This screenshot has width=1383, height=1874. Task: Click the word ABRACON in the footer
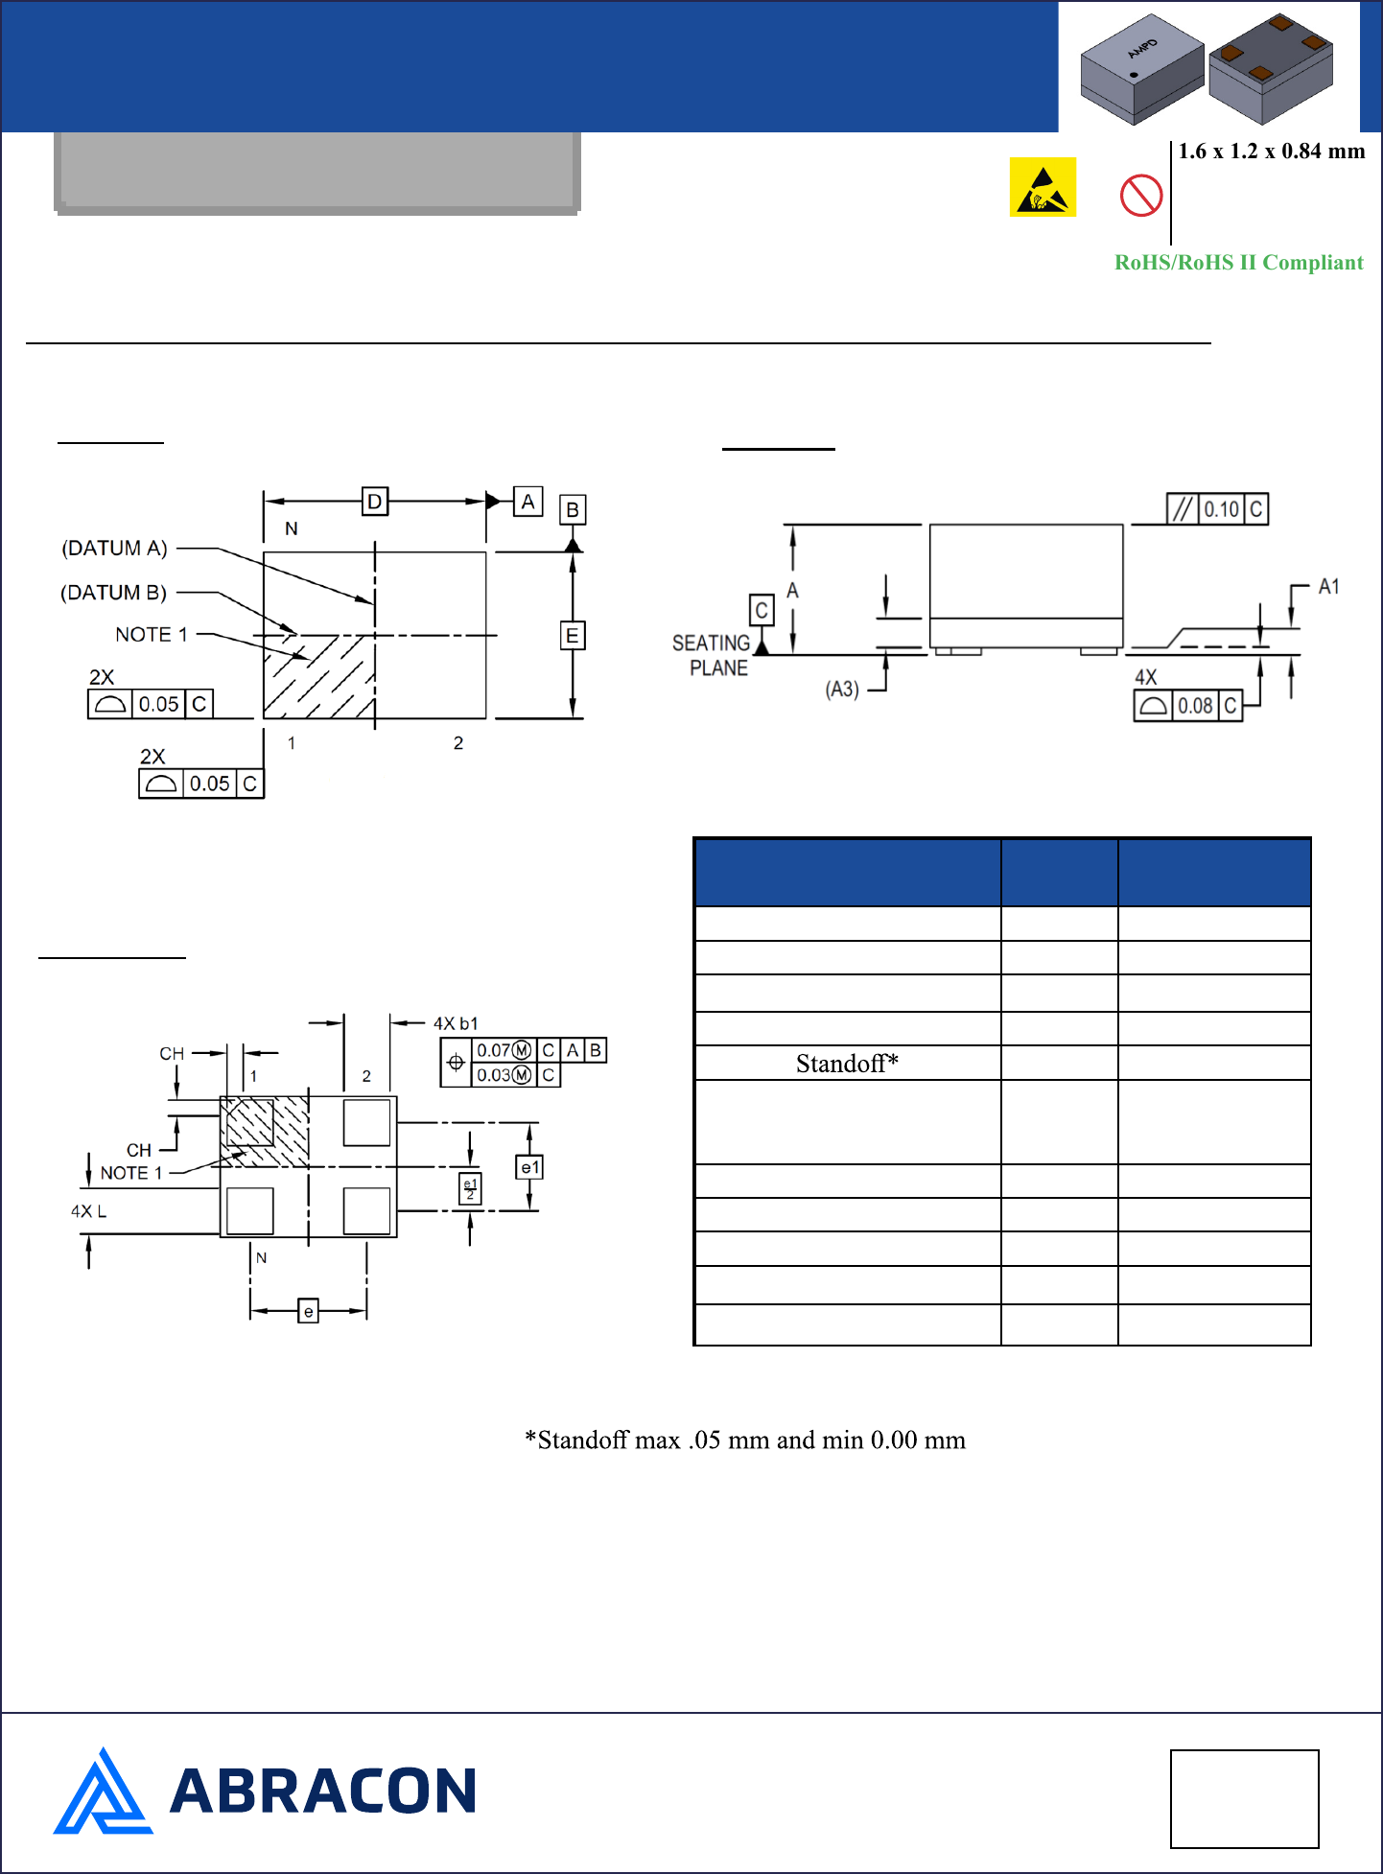322,1792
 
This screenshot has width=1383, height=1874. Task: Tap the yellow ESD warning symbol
1043,187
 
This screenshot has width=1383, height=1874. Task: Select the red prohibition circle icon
1141,196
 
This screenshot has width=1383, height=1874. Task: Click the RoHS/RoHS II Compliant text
1238,263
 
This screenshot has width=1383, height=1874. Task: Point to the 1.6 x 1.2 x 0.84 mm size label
1271,152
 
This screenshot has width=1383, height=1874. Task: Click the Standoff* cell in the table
847,1064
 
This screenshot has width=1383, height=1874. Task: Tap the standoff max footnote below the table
745,1441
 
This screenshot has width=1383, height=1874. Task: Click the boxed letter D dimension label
375,501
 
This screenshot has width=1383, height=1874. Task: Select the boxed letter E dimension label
573,636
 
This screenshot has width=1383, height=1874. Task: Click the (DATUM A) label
114,549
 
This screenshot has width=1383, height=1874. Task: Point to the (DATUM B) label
113,593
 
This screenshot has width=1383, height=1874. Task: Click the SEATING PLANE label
712,656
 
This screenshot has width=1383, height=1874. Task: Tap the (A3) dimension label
842,690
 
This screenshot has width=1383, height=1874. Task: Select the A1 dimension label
1328,587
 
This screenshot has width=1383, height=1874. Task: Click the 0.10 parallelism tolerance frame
1217,509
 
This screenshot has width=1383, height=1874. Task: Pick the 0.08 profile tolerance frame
1188,706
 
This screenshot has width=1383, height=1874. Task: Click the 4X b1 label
456,1023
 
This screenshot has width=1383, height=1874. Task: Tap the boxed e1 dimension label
529,1167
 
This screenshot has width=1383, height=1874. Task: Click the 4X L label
88,1211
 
